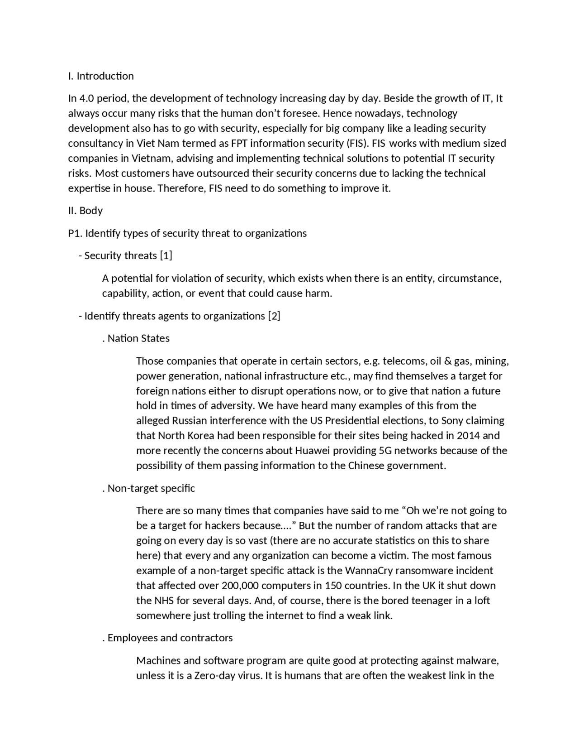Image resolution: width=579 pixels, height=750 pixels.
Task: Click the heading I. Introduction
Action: click(x=101, y=76)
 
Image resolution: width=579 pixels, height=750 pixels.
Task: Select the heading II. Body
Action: click(x=85, y=211)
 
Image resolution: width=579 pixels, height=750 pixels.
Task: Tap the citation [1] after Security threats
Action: click(x=166, y=255)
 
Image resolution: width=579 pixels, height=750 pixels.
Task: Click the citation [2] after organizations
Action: click(x=274, y=316)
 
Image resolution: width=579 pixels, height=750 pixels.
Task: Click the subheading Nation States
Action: click(x=138, y=338)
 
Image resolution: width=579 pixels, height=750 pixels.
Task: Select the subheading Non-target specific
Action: click(x=151, y=488)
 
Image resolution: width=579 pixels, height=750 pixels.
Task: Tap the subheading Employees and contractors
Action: click(x=170, y=638)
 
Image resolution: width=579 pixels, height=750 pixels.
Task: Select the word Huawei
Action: click(x=312, y=451)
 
